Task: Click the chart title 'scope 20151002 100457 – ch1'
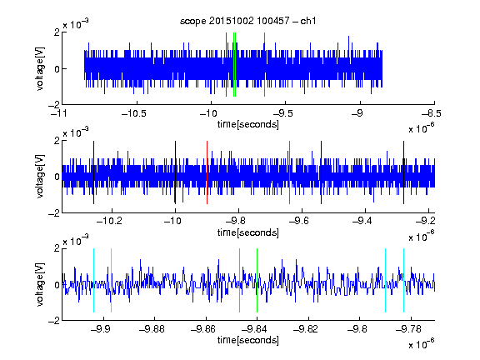pos(248,21)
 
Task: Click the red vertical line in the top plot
pos(226,65)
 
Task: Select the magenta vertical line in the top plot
pos(264,65)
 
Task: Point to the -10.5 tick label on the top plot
pos(134,114)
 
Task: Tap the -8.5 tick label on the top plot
pos(432,114)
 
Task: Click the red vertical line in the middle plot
pos(207,172)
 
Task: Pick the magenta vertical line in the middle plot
pos(290,172)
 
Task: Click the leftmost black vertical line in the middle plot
pos(93,172)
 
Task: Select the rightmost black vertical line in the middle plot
pos(404,172)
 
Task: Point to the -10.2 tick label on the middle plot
pos(109,221)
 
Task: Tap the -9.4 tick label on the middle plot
pos(362,221)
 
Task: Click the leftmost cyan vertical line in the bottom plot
pos(93,280)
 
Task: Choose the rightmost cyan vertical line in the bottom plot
pos(404,280)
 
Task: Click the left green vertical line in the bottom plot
pos(239,280)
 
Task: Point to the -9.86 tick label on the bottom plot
pos(203,329)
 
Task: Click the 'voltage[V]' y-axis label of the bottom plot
pos(40,284)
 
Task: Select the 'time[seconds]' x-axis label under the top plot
pos(248,124)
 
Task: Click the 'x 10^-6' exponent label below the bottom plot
pos(422,343)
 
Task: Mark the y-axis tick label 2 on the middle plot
pos(57,141)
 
